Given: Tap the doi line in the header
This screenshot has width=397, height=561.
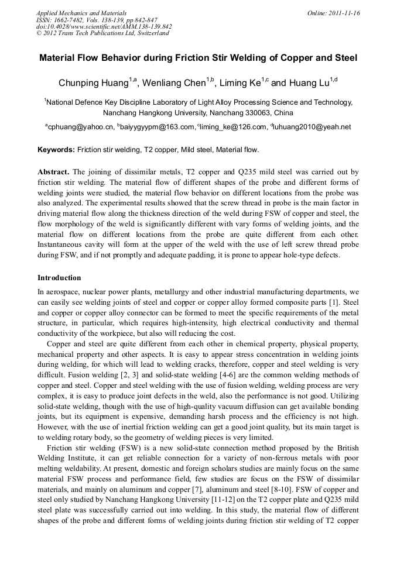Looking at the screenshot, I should point(104,26).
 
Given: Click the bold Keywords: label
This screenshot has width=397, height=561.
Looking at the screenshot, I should point(56,150).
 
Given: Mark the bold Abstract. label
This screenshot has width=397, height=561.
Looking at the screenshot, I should point(53,172).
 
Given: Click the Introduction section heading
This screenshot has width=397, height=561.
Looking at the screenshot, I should point(59,277).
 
